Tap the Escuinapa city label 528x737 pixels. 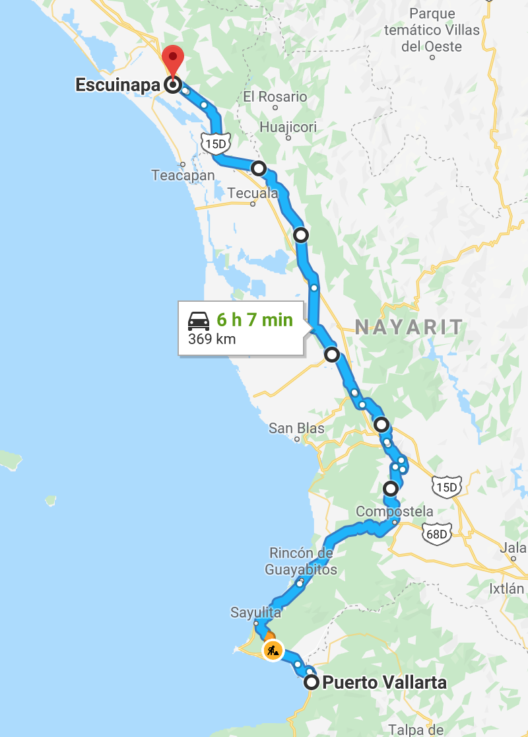[117, 85]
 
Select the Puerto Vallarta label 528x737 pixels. [384, 683]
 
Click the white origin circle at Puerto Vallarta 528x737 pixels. [312, 683]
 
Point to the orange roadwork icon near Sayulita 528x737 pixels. [273, 650]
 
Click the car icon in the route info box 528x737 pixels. [199, 321]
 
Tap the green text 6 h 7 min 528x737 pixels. [255, 320]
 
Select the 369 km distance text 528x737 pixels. [212, 339]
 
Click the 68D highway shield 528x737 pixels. [437, 534]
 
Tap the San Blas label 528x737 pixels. [296, 429]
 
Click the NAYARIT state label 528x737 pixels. [409, 326]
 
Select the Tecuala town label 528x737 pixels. [253, 193]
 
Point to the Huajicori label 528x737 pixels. [288, 127]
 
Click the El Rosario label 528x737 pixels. [275, 96]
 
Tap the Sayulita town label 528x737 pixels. [255, 612]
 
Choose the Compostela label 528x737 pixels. [395, 511]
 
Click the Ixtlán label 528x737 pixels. [506, 588]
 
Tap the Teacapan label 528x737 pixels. [183, 175]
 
